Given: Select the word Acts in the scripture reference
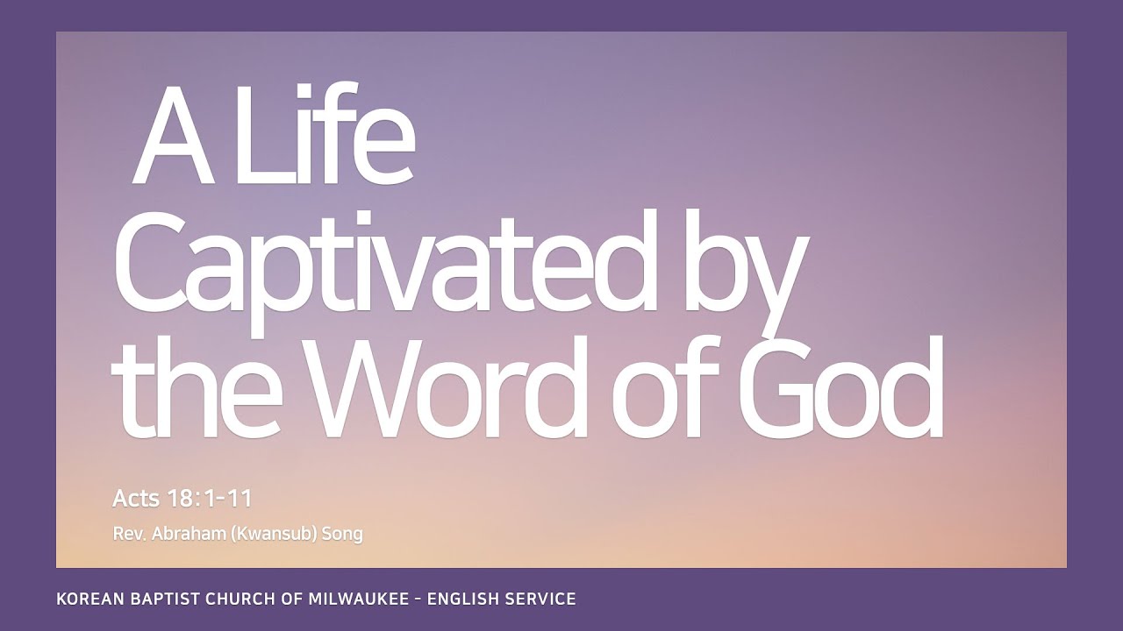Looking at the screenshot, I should pyautogui.click(x=136, y=499).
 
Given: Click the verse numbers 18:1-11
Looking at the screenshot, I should pyautogui.click(x=210, y=499).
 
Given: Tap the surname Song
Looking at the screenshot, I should pyautogui.click(x=342, y=534).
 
